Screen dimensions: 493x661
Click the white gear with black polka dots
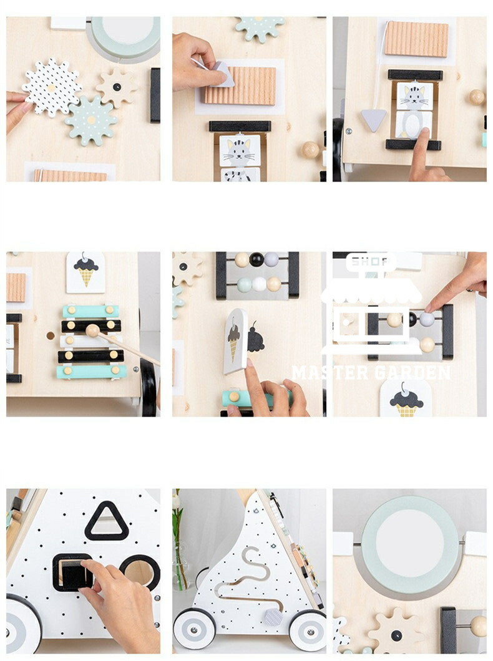(x=51, y=87)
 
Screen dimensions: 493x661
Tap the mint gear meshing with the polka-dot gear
(x=91, y=120)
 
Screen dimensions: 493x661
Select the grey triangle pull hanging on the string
(x=374, y=120)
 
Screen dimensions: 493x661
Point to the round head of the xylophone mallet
(x=92, y=330)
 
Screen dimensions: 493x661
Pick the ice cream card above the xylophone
(x=85, y=273)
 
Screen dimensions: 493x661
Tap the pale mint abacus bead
(x=245, y=284)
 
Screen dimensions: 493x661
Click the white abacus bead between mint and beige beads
(x=259, y=284)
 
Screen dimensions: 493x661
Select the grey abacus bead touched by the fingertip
(x=427, y=319)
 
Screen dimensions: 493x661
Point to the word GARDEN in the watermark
(x=411, y=373)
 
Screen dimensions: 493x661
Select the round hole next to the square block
(x=140, y=572)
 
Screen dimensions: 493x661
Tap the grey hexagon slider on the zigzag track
(x=273, y=617)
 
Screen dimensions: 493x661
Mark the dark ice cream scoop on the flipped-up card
(x=233, y=335)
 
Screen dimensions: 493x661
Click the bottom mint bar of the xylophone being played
(x=92, y=372)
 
